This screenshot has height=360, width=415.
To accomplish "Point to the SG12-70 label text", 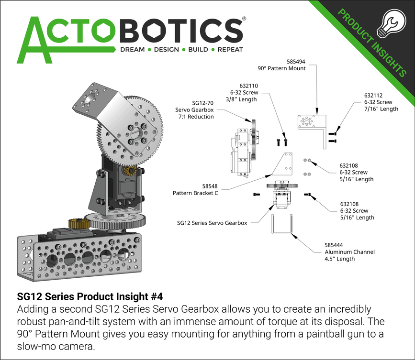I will [202, 103].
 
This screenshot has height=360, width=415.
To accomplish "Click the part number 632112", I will [374, 95].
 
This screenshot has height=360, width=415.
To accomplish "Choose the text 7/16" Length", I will [381, 109].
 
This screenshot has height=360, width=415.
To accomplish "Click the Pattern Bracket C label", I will [195, 193].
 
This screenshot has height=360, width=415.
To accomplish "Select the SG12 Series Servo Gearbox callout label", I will [212, 223].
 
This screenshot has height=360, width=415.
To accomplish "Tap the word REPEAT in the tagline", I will [230, 50].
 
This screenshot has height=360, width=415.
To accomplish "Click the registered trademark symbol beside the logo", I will [245, 19].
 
